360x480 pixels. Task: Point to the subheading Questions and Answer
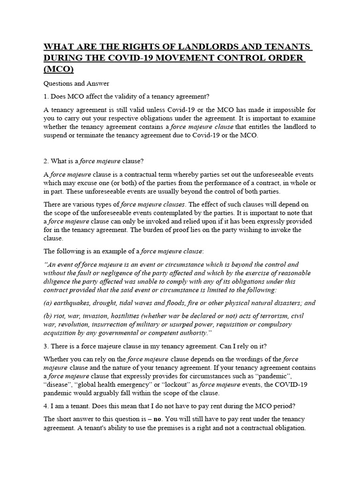tap(76, 83)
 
